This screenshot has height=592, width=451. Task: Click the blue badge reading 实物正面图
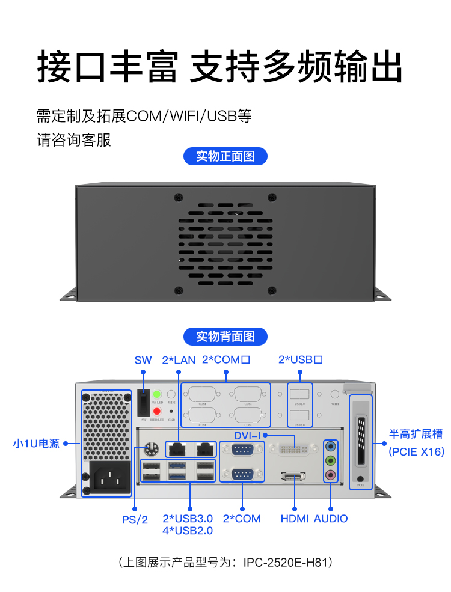point(226,157)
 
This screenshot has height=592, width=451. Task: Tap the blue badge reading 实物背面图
point(226,337)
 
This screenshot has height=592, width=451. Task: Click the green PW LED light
point(157,394)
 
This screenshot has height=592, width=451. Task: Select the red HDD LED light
point(157,411)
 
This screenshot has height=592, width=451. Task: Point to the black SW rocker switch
point(143,401)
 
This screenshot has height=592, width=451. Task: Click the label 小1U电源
point(36,444)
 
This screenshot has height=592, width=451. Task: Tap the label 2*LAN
point(179,360)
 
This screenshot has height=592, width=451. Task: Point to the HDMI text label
point(295,518)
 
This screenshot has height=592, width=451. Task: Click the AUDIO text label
point(331,518)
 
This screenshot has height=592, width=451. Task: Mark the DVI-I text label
point(247,435)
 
